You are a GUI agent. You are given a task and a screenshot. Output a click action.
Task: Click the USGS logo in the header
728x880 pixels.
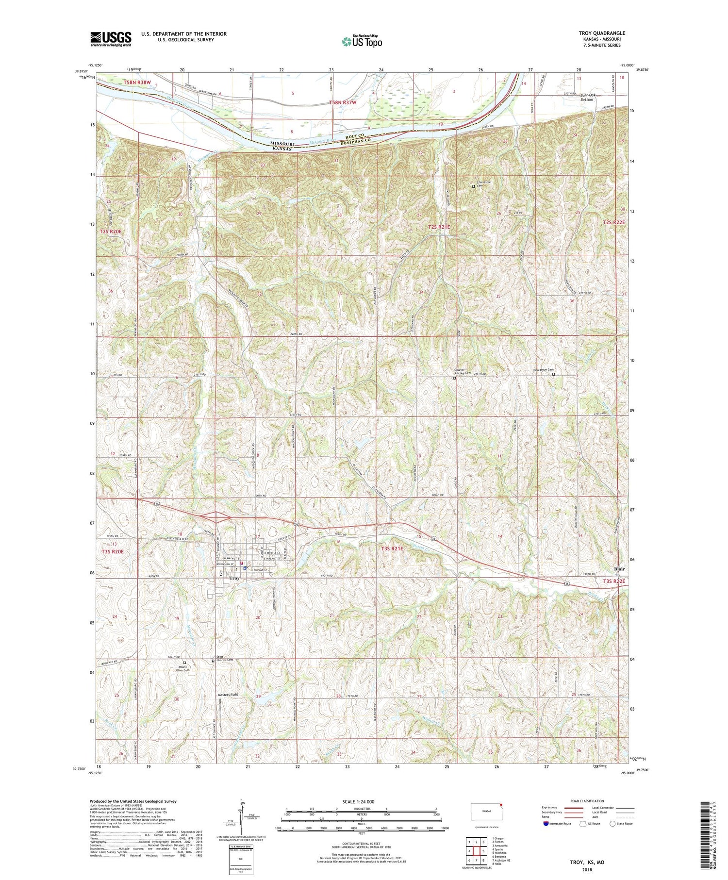coord(111,38)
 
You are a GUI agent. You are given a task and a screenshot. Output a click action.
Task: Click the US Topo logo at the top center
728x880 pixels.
coord(362,41)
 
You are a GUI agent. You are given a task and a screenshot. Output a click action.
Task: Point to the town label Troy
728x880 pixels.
coord(234,578)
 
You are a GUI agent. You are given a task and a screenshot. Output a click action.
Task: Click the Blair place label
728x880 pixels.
coord(619,569)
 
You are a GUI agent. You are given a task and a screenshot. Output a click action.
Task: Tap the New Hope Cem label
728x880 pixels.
coord(543,370)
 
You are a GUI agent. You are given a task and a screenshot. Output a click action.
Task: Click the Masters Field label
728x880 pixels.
coord(228,695)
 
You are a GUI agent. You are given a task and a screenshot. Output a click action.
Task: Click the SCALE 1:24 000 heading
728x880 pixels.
coord(361,802)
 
